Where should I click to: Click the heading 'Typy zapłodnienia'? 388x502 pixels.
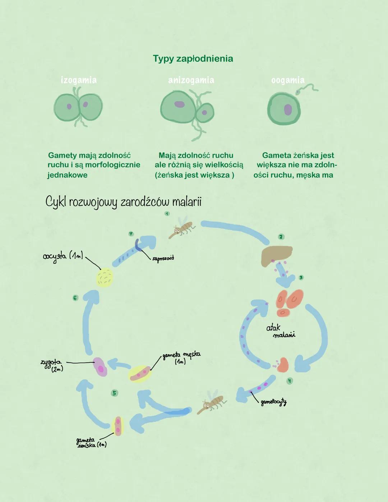click(x=193, y=59)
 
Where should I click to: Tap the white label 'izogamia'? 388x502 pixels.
click(x=79, y=80)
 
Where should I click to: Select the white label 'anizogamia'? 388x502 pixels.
click(x=191, y=80)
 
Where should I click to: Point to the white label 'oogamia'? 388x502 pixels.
click(x=288, y=80)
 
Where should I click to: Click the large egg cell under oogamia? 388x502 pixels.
click(x=284, y=109)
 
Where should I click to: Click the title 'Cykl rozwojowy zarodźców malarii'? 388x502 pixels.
click(x=123, y=202)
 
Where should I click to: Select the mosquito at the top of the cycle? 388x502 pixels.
click(x=181, y=228)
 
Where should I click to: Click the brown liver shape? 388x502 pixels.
click(x=277, y=255)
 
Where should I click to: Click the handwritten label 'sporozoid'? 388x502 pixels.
click(x=163, y=258)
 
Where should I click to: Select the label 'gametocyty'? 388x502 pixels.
click(x=274, y=402)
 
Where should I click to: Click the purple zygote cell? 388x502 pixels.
click(x=100, y=367)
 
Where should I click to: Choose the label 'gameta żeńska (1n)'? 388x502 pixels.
click(x=91, y=442)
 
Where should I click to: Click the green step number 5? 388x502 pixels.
click(x=114, y=393)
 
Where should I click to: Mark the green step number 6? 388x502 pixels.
click(x=75, y=298)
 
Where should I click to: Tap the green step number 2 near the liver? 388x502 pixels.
click(x=281, y=237)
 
